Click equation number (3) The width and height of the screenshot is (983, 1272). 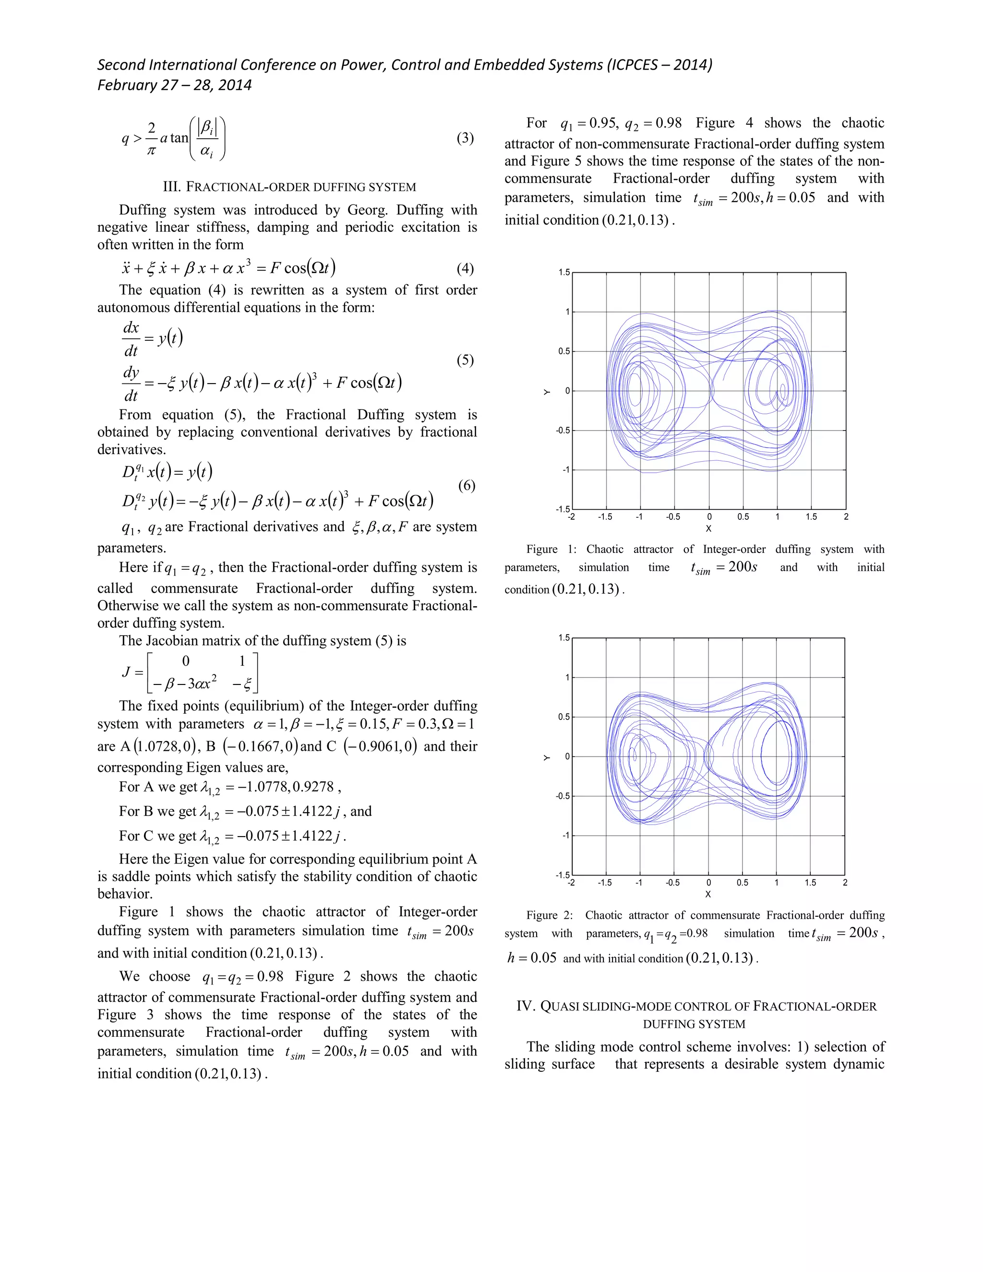click(465, 138)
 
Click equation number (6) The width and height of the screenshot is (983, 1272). click(467, 485)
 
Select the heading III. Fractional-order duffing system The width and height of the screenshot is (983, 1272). click(289, 187)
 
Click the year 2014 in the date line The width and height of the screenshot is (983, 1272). click(235, 85)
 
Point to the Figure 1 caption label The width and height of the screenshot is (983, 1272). click(551, 549)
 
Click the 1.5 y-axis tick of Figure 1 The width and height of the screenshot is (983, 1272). click(563, 273)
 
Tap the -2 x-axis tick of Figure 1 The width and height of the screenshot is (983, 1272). click(571, 516)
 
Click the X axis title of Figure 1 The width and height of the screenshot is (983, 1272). click(709, 529)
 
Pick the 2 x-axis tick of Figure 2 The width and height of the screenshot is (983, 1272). click(844, 882)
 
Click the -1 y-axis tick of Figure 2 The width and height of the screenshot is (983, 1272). click(565, 836)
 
